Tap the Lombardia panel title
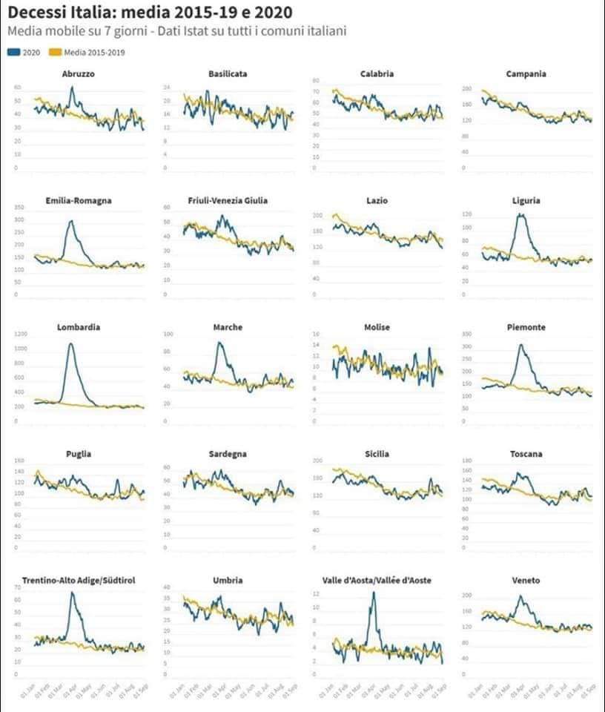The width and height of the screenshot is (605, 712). (79, 327)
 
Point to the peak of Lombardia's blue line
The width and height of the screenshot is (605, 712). (70, 343)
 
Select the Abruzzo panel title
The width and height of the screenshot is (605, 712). (79, 74)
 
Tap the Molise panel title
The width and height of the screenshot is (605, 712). (377, 327)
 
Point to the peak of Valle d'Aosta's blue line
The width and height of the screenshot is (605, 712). (373, 592)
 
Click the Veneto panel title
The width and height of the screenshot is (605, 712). (526, 580)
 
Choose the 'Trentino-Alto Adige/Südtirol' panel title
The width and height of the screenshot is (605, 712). (79, 580)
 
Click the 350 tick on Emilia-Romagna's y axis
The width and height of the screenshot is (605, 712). (19, 207)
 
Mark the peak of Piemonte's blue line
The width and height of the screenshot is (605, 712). (520, 344)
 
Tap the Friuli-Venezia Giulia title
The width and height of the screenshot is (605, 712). (228, 201)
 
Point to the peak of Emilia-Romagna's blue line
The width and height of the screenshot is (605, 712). (71, 220)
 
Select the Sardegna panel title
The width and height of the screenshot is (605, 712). (228, 454)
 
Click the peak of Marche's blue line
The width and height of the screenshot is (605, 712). (219, 343)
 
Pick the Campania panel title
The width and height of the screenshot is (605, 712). (526, 74)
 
